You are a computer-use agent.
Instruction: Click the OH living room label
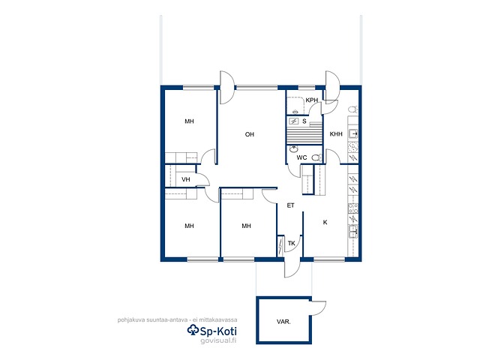[250, 134]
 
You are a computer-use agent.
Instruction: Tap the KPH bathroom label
[312, 100]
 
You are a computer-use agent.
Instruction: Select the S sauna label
[304, 121]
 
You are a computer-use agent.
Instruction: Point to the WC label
[301, 157]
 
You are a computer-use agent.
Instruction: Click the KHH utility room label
[336, 134]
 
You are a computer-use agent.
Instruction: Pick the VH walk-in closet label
[186, 179]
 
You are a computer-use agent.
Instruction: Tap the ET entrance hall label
[290, 205]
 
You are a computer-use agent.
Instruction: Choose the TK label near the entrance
[292, 243]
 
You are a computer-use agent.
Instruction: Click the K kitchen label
[325, 222]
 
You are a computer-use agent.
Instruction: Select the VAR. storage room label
[283, 322]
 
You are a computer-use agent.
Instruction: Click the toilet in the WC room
[316, 158]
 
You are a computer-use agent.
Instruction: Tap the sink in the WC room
[294, 149]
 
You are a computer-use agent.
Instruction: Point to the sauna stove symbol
[294, 121]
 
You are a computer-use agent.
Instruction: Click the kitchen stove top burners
[353, 208]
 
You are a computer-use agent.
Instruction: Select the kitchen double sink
[353, 232]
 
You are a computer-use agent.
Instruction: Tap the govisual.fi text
[218, 340]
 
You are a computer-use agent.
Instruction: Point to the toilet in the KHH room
[353, 109]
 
